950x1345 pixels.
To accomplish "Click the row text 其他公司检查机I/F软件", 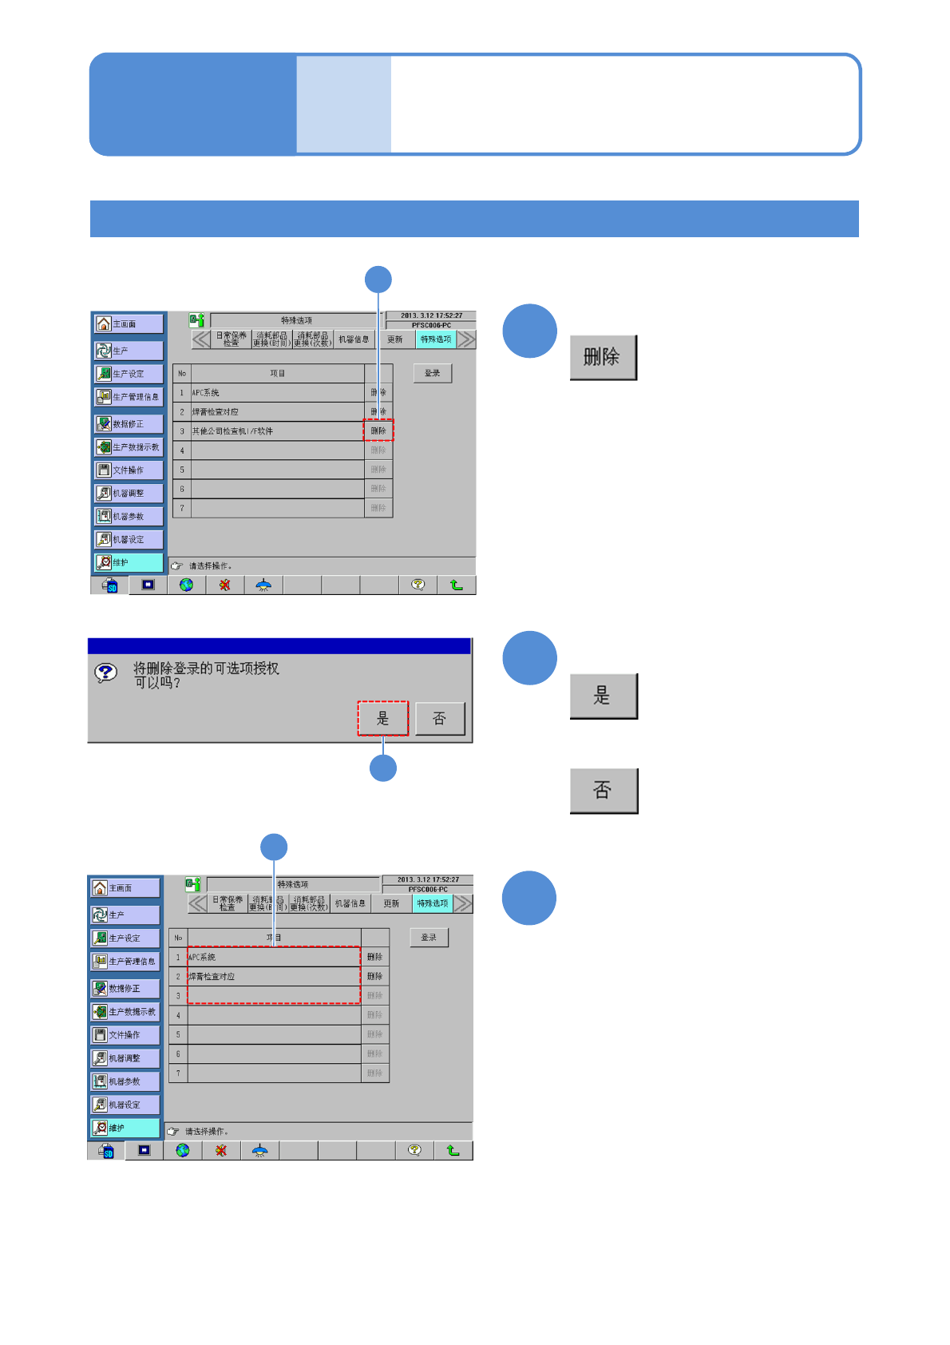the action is tap(232, 431).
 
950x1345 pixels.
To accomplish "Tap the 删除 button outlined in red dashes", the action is tap(378, 430).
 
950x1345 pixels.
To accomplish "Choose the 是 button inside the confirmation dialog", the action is tap(382, 718).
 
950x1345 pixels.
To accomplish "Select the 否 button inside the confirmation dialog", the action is tap(439, 718).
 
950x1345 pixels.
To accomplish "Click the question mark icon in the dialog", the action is tap(105, 672).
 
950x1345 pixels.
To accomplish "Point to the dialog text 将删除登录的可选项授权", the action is tap(206, 668).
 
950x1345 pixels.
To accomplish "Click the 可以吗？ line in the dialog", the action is tap(157, 683).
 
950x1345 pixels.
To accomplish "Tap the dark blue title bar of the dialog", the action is tap(279, 645).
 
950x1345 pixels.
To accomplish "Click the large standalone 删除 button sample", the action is tap(603, 357).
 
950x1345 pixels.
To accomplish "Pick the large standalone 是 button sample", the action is tap(603, 696).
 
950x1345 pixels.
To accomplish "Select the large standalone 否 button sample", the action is tap(603, 791).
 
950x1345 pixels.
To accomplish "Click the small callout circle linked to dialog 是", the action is tap(383, 768).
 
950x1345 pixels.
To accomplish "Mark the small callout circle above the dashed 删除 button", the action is tap(378, 280).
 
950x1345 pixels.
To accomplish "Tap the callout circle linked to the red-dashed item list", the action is tap(274, 847).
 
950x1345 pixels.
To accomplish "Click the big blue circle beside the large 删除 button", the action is tap(529, 331).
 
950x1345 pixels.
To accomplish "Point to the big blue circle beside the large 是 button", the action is tap(529, 657).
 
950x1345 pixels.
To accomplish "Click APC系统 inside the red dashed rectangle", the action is tap(202, 957).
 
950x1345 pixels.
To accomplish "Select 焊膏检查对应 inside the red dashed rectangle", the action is tap(212, 977).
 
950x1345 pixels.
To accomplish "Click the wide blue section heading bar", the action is tap(474, 219).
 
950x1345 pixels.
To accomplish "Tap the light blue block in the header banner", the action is tap(343, 104).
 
